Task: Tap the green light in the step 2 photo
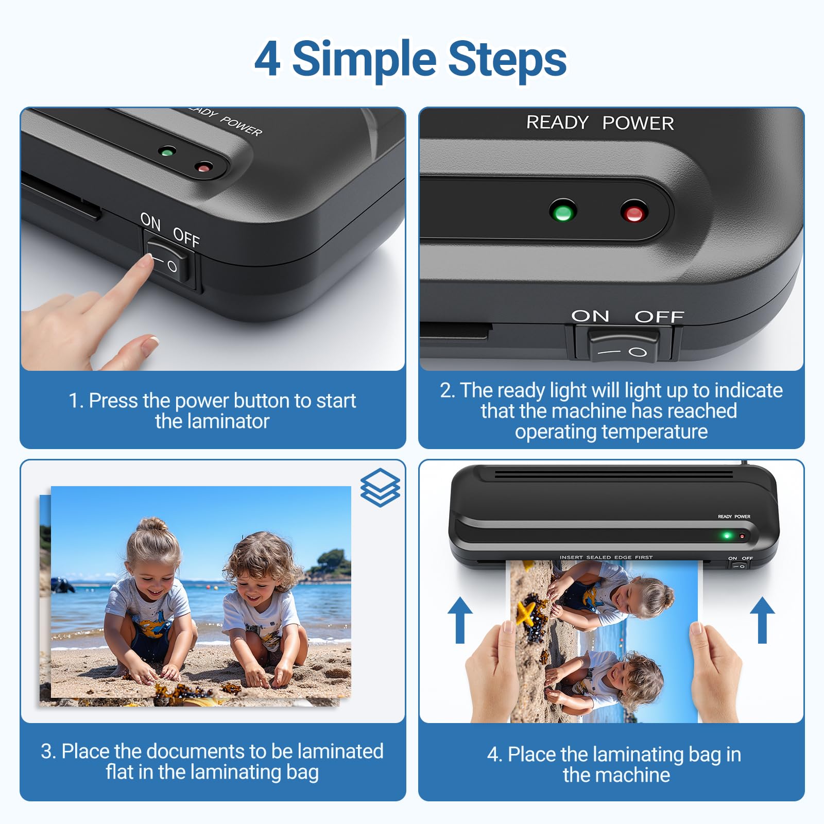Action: (x=563, y=212)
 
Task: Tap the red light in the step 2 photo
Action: (x=634, y=213)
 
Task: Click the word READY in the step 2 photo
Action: (x=557, y=123)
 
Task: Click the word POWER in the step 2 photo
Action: (x=638, y=123)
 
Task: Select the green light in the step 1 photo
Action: (x=166, y=152)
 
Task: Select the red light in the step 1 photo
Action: (x=204, y=167)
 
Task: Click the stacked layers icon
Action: (x=380, y=487)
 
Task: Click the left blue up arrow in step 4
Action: (x=460, y=621)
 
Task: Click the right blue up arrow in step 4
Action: (x=762, y=621)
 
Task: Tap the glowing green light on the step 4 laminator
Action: (x=727, y=536)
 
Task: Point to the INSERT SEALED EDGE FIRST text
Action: (x=606, y=557)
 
